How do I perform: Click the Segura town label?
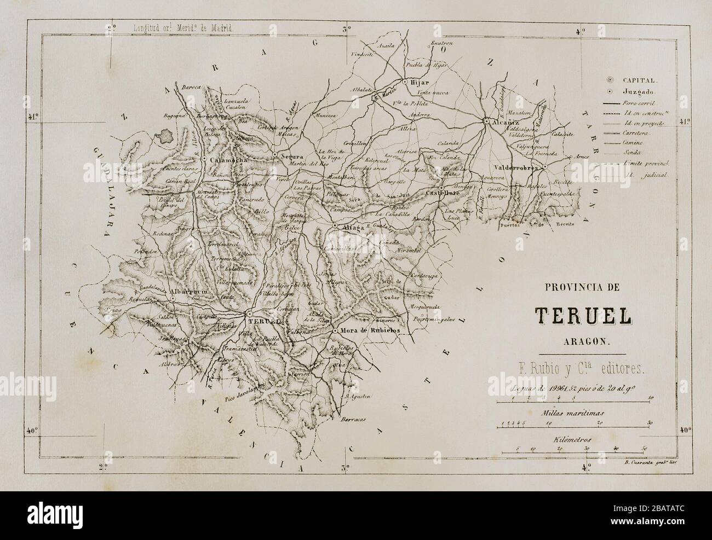(x=292, y=155)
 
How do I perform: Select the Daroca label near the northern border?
(x=192, y=87)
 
